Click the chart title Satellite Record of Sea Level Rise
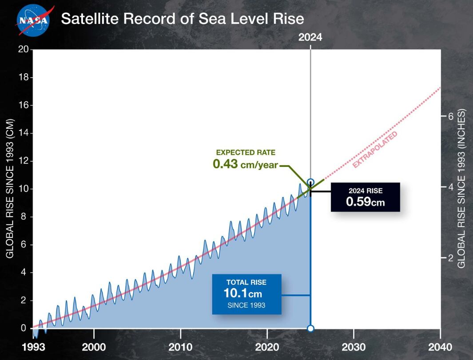point(182,19)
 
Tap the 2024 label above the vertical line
point(310,38)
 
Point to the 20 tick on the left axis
point(22,49)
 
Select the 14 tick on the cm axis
point(22,133)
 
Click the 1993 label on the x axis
point(33,347)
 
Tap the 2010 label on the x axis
point(180,347)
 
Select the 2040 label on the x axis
point(440,347)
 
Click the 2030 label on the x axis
point(354,347)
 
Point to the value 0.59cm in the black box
point(365,202)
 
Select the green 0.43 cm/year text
point(245,164)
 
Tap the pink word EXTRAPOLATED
point(375,150)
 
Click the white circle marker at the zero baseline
point(310,328)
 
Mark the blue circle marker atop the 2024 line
point(310,182)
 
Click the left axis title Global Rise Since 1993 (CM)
point(9,189)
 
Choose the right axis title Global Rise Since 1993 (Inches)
point(461,189)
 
